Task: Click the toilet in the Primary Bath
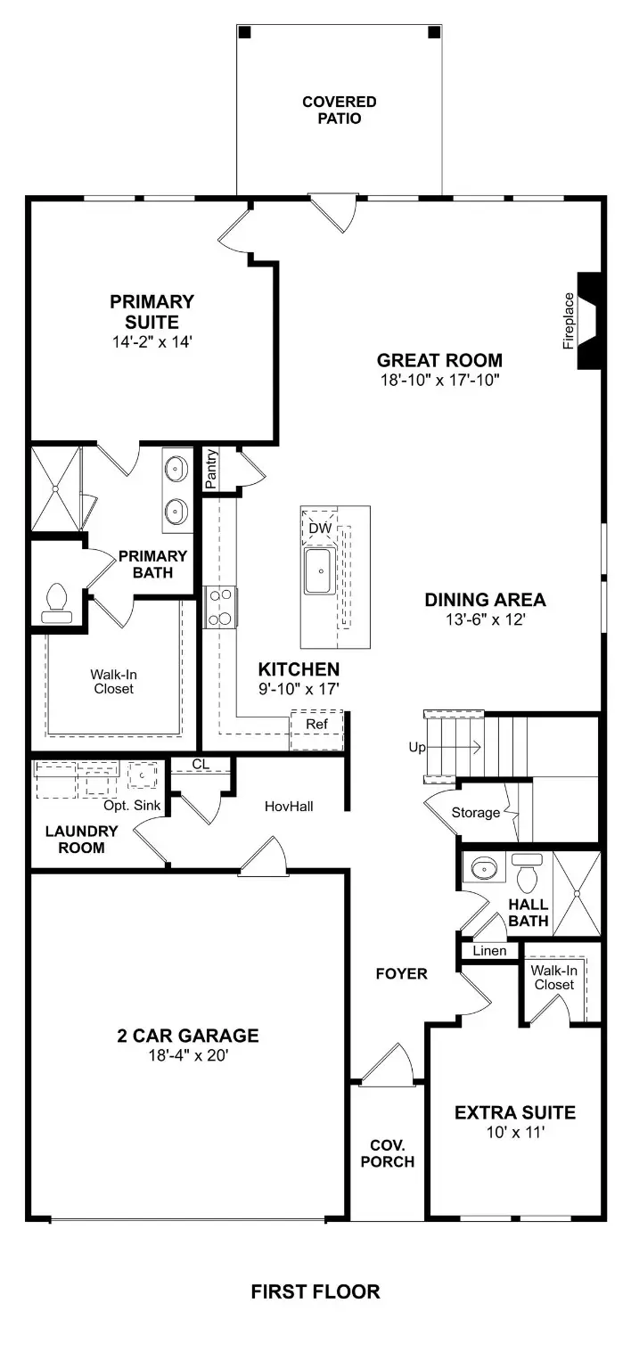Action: pos(58,603)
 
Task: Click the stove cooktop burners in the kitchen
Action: pos(220,607)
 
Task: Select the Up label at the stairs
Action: pos(417,748)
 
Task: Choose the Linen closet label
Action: pos(489,951)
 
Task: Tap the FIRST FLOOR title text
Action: pos(315,1291)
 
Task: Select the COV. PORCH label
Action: pos(393,1152)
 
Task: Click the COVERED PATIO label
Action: pos(339,110)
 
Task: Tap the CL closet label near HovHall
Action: pos(201,764)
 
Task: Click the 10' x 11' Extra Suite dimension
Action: pos(514,1132)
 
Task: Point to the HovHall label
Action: pos(289,806)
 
